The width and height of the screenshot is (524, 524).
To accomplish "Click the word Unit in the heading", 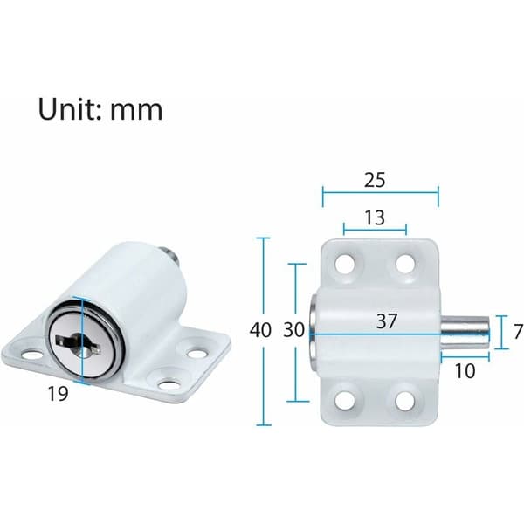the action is (x=69, y=108).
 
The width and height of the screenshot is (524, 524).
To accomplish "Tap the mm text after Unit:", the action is (x=136, y=110).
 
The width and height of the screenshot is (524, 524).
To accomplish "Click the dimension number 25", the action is (x=375, y=180).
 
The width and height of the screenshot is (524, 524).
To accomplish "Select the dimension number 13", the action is (x=375, y=217).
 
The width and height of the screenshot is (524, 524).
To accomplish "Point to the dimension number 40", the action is (x=260, y=330).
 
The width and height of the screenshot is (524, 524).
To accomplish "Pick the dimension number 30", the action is (x=294, y=330).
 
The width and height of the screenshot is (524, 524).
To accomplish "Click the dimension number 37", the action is (x=387, y=321).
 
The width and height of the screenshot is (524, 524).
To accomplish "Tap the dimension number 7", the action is (x=518, y=332).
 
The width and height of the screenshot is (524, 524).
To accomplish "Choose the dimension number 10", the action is (x=465, y=371).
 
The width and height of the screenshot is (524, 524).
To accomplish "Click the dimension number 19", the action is (x=59, y=393).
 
